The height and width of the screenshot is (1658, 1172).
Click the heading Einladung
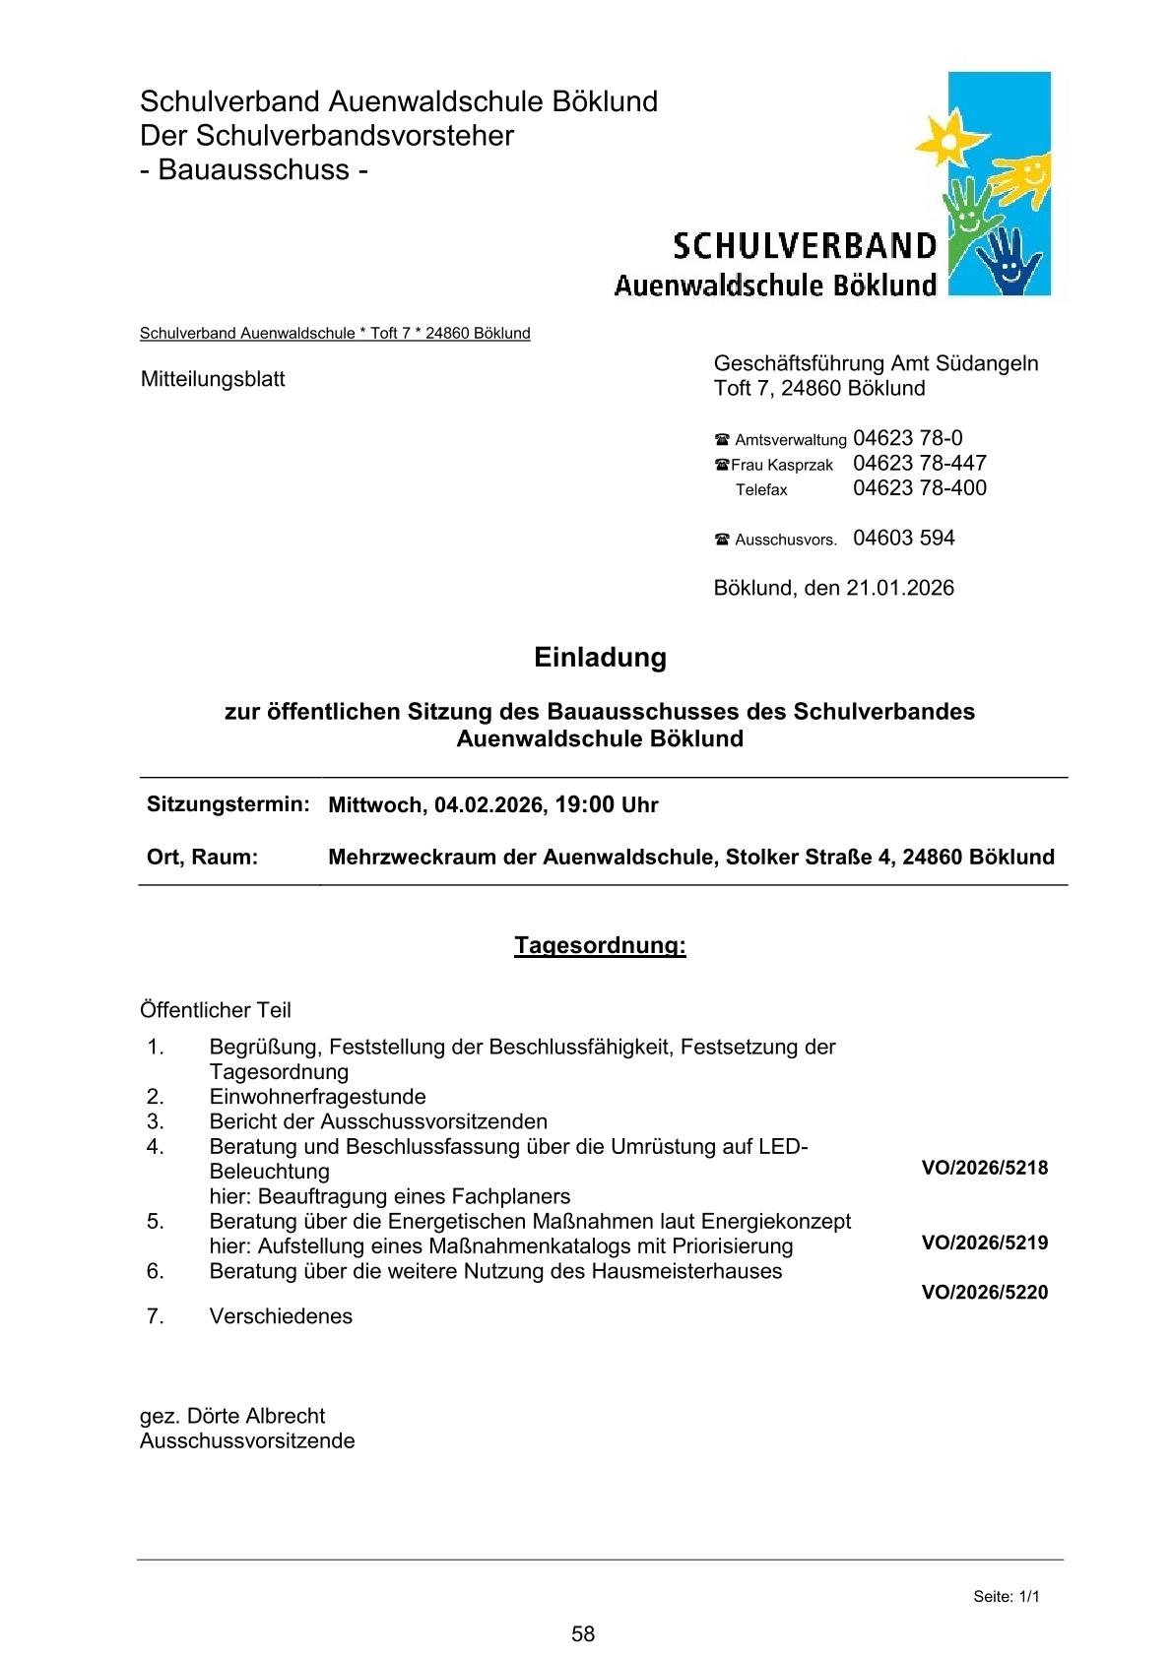[x=600, y=657]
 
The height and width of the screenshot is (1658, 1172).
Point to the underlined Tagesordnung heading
[x=600, y=945]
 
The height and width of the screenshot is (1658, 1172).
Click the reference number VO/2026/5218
[x=984, y=1169]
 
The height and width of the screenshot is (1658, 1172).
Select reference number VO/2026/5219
[x=984, y=1243]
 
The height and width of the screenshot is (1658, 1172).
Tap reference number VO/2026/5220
[x=984, y=1292]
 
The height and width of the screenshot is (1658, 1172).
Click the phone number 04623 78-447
[x=919, y=463]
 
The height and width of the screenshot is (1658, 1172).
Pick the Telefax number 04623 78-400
[x=919, y=487]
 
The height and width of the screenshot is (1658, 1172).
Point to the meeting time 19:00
[x=584, y=804]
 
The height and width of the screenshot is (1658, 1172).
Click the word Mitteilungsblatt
[x=213, y=379]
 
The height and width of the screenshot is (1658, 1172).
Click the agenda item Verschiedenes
[x=281, y=1316]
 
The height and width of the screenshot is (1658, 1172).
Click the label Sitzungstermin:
[x=228, y=803]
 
